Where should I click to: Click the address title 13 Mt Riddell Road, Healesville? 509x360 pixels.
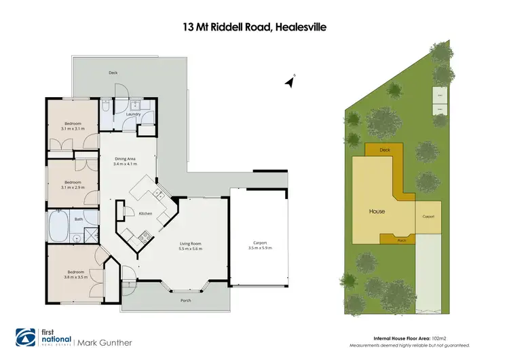254,27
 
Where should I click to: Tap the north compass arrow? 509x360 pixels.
290,82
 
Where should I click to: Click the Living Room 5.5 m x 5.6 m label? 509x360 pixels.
191,246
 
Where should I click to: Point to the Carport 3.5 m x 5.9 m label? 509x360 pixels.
260,245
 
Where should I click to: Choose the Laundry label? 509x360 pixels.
133,114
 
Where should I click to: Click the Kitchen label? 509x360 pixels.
145,214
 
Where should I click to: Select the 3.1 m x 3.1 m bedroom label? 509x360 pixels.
73,126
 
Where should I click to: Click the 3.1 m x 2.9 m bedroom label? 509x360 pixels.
73,184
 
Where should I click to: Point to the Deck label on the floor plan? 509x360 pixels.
113,72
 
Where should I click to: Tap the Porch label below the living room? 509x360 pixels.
185,300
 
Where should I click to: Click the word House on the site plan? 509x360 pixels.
377,211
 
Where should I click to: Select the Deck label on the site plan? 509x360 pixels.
385,149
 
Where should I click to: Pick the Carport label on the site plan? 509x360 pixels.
428,216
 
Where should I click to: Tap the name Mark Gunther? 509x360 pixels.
105,342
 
